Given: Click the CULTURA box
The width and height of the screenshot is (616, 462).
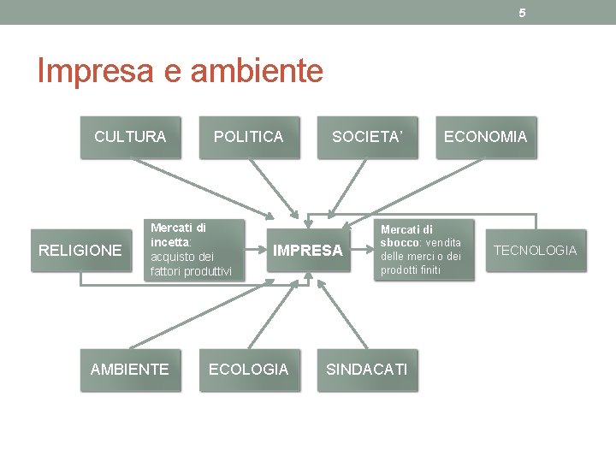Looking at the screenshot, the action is pyautogui.click(x=130, y=137).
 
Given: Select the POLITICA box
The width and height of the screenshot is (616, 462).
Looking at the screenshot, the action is pyautogui.click(x=249, y=137).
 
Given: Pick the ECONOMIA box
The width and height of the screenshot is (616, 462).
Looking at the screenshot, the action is pyautogui.click(x=485, y=137).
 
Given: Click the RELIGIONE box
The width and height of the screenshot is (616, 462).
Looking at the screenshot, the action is pyautogui.click(x=81, y=251).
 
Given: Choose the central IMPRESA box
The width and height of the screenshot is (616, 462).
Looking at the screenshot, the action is pyautogui.click(x=308, y=251).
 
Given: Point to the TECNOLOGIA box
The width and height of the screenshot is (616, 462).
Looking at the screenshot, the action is pyautogui.click(x=536, y=251).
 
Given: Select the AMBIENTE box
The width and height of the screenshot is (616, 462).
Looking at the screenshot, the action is pyautogui.click(x=130, y=370).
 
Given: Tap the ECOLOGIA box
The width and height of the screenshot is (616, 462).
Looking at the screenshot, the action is pyautogui.click(x=249, y=370).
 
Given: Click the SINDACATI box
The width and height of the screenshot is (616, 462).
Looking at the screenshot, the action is pyautogui.click(x=367, y=370).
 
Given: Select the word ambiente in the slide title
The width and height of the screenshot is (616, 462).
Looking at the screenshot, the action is pyautogui.click(x=257, y=71).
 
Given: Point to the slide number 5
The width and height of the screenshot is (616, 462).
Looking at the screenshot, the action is pyautogui.click(x=522, y=12).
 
